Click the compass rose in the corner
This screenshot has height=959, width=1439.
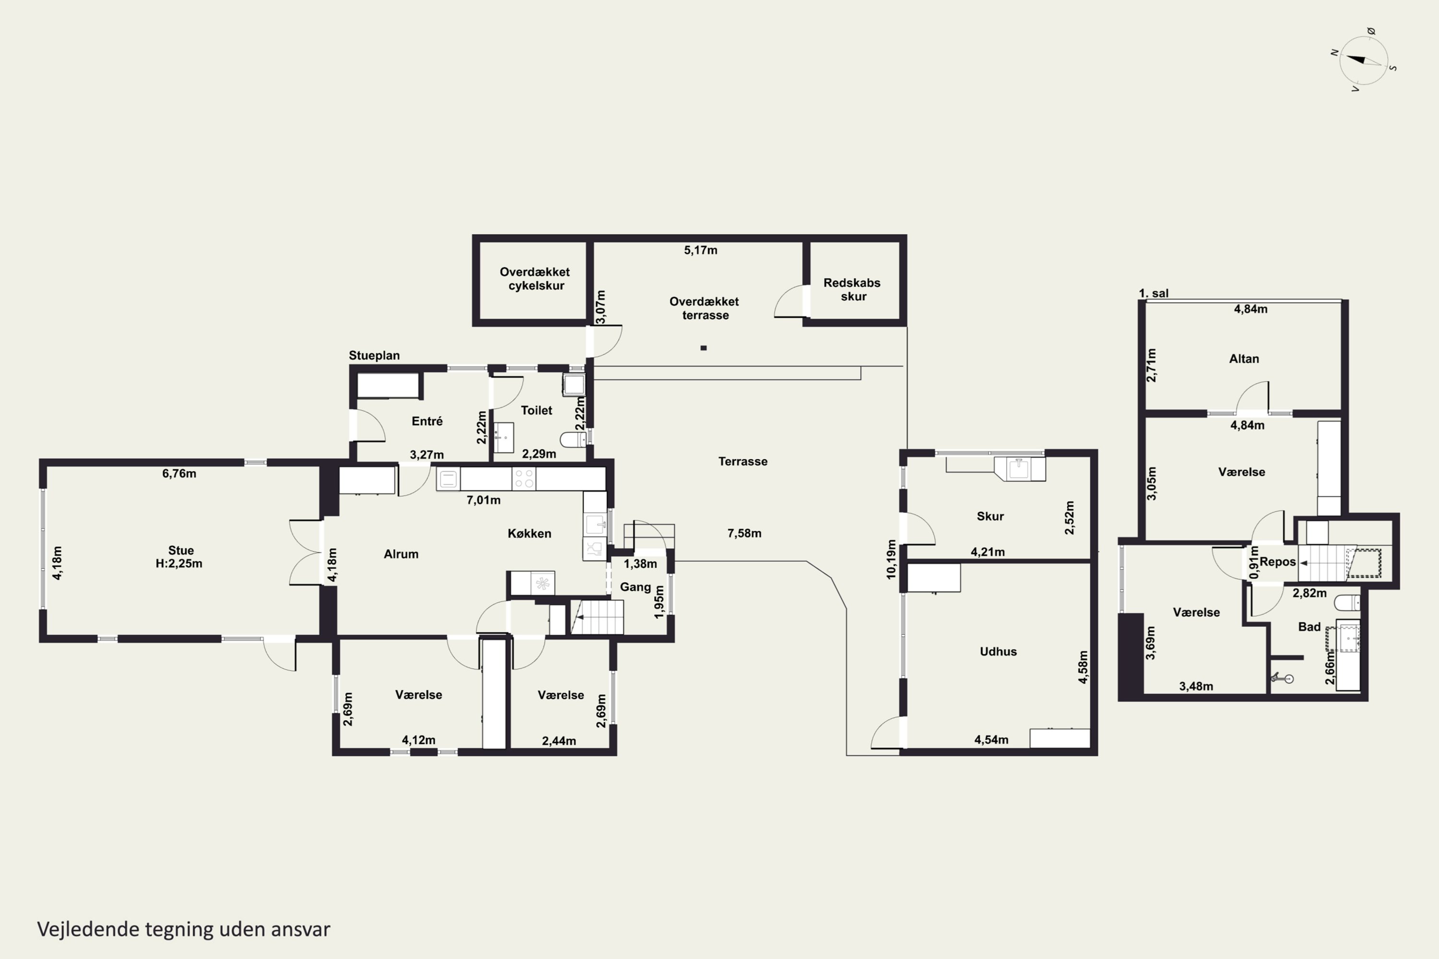coord(1363,60)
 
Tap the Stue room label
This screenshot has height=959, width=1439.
coord(180,550)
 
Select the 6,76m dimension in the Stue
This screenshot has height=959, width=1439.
coord(179,473)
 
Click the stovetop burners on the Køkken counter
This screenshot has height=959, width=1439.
coord(524,479)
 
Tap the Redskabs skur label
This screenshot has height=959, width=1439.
coord(852,289)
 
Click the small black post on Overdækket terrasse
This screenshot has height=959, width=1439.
coord(704,348)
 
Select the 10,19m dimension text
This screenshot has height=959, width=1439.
coord(891,559)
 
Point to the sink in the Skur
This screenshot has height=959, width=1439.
coord(1019,469)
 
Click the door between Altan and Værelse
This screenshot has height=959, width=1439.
coord(1252,398)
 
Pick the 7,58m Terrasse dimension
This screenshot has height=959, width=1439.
coord(744,533)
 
